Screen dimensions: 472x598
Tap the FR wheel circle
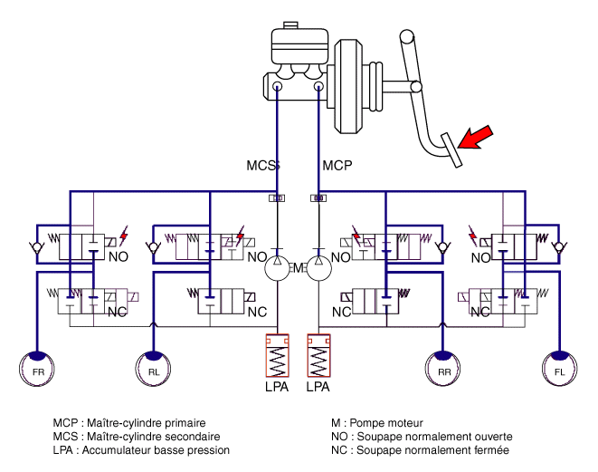[x=37, y=371]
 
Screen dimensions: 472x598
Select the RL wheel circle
[x=153, y=371]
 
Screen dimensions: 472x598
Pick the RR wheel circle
[x=443, y=371]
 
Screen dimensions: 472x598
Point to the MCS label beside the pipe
[x=263, y=166]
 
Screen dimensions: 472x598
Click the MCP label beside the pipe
[x=337, y=166]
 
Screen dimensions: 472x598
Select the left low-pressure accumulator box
[x=278, y=355]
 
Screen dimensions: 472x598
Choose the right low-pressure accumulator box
[x=321, y=355]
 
